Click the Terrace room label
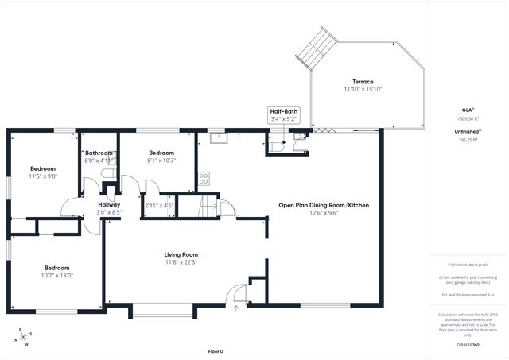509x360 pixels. pyautogui.click(x=363, y=82)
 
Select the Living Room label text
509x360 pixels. pyautogui.click(x=181, y=254)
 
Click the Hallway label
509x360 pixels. pyautogui.click(x=109, y=205)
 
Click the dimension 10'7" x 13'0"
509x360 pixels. pyautogui.click(x=57, y=276)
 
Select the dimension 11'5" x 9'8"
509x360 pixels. pyautogui.click(x=43, y=176)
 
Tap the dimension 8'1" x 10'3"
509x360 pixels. pyautogui.click(x=161, y=161)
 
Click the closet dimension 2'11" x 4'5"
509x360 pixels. pyautogui.click(x=159, y=207)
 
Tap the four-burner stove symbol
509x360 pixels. pyautogui.click(x=204, y=179)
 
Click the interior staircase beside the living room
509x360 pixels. pyautogui.click(x=208, y=207)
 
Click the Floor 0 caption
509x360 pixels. pyautogui.click(x=216, y=350)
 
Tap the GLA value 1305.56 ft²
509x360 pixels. pyautogui.click(x=468, y=119)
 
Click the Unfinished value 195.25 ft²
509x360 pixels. pyautogui.click(x=468, y=139)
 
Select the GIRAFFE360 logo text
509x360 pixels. pyautogui.click(x=468, y=346)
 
